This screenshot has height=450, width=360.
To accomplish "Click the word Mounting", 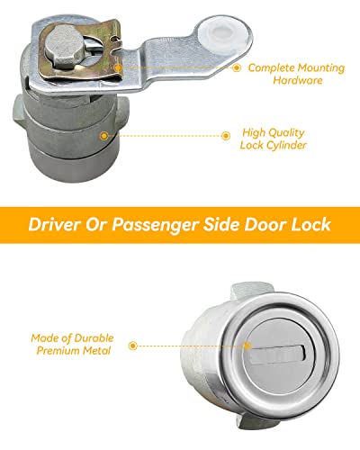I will (x=319, y=67).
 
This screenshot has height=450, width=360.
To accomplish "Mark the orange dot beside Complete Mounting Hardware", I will (x=237, y=67).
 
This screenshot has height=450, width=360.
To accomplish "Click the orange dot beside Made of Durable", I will (x=133, y=344).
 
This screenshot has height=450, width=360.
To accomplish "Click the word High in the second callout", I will (x=251, y=130).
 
